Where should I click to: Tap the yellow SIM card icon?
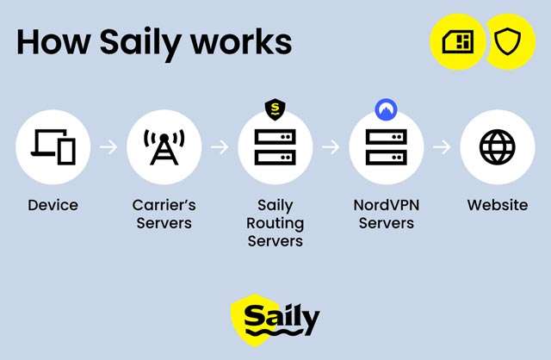[457, 41]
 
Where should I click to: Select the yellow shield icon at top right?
[508, 41]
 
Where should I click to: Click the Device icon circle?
[53, 146]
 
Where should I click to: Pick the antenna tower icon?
[164, 146]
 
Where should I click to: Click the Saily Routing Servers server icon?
[275, 146]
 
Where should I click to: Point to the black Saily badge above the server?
[275, 109]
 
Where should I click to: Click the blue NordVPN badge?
[387, 109]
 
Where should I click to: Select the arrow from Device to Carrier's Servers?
[108, 146]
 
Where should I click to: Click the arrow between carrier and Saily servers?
[220, 146]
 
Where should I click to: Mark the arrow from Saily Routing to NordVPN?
[331, 146]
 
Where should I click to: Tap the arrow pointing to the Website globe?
[442, 146]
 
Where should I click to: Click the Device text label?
[53, 205]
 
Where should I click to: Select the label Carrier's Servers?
[164, 214]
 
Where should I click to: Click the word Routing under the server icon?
[275, 223]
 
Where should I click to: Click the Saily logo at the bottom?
[275, 320]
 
